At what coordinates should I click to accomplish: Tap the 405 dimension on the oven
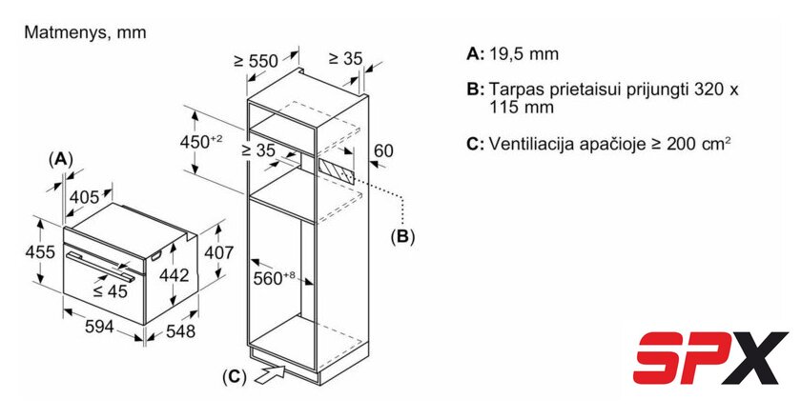pyautogui.click(x=85, y=197)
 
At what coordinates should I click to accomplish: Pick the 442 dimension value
pyautogui.click(x=171, y=274)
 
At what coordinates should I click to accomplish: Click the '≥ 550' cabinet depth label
pyautogui.click(x=256, y=61)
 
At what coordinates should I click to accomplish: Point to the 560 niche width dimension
pyautogui.click(x=277, y=278)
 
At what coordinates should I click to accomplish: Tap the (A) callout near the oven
pyautogui.click(x=61, y=159)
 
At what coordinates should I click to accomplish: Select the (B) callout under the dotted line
pyautogui.click(x=402, y=235)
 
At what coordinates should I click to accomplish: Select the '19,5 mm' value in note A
pyautogui.click(x=524, y=54)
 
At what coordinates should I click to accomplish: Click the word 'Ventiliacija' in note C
pyautogui.click(x=530, y=144)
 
